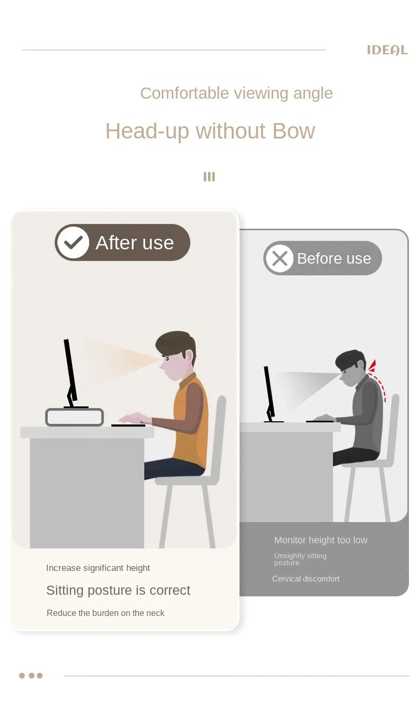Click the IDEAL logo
click(x=387, y=50)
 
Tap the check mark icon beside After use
click(x=73, y=242)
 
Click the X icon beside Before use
click(x=280, y=258)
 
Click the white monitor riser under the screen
click(x=75, y=417)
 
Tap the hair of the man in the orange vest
click(x=176, y=344)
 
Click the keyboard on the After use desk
click(x=128, y=426)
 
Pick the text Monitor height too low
click(x=320, y=540)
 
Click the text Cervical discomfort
click(x=305, y=579)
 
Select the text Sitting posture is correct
click(x=118, y=591)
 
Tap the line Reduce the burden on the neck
click(x=106, y=613)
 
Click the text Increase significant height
click(x=98, y=568)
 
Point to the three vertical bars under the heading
click(x=209, y=177)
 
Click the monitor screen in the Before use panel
click(x=269, y=392)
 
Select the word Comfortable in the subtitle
click(x=185, y=93)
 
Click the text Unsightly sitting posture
click(x=300, y=559)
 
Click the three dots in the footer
click(x=31, y=675)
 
